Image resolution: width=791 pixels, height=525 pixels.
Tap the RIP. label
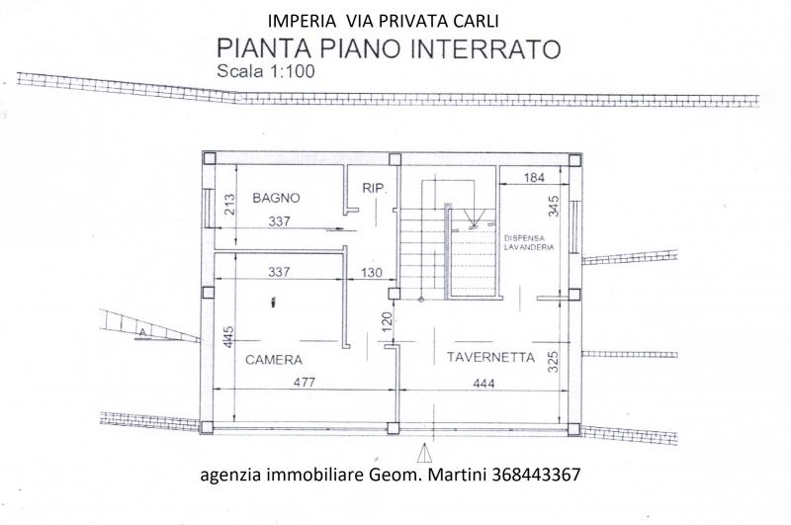pyautogui.click(x=374, y=187)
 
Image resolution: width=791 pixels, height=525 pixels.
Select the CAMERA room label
pyautogui.click(x=275, y=360)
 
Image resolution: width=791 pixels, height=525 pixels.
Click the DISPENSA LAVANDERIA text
pyautogui.click(x=528, y=243)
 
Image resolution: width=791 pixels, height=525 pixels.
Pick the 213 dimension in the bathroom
pyautogui.click(x=229, y=205)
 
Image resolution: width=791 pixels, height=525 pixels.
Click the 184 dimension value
pyautogui.click(x=535, y=178)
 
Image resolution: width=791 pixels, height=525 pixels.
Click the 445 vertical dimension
pyautogui.click(x=228, y=339)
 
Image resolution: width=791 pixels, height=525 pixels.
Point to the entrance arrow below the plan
pyautogui.click(x=425, y=453)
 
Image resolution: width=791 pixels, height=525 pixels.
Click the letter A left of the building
pyautogui.click(x=143, y=333)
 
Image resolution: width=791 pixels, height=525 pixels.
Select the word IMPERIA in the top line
pyautogui.click(x=300, y=19)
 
